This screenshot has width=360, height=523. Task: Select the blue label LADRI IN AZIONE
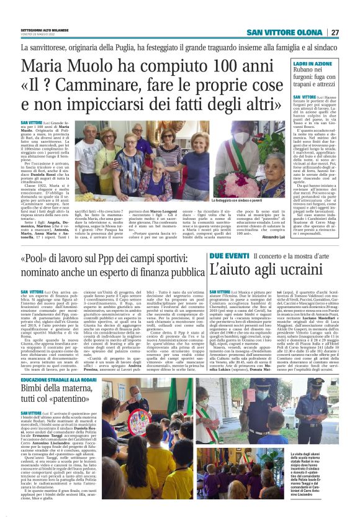pyautogui.click(x=311, y=65)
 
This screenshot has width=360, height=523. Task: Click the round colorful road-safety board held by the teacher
pyautogui.click(x=133, y=412)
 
